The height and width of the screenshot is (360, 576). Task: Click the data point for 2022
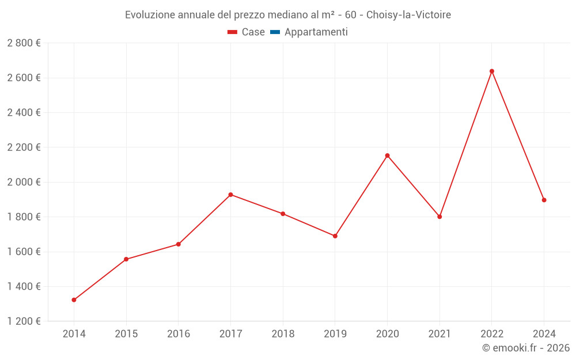click(491, 71)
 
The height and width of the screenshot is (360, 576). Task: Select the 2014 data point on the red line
click(74, 300)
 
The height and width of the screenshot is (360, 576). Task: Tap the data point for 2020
click(387, 156)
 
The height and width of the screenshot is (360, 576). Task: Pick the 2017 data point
click(230, 195)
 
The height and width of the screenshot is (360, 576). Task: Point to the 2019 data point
click(335, 236)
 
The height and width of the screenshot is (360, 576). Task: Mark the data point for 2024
click(544, 200)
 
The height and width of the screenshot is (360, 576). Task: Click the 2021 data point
click(439, 217)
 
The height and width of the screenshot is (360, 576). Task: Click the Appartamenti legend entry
click(316, 32)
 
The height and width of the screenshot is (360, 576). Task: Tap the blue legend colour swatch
click(275, 32)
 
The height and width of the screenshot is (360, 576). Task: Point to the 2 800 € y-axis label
click(24, 43)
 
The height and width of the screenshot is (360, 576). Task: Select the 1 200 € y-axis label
click(24, 321)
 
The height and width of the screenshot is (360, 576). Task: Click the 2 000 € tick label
click(24, 182)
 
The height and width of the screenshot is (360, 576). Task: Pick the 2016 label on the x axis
click(179, 334)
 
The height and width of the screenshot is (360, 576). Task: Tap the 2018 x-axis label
click(283, 334)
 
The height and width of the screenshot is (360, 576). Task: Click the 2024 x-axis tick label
click(544, 334)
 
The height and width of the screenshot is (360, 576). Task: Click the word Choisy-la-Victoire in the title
click(408, 14)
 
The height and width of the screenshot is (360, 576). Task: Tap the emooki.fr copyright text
click(526, 348)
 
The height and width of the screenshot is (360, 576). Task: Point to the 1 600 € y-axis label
click(24, 252)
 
